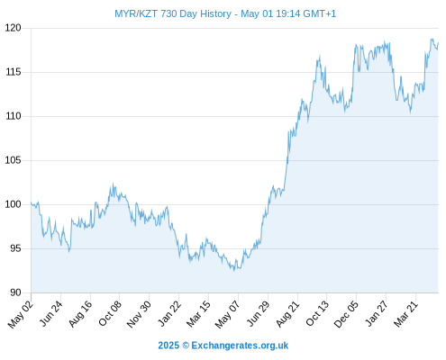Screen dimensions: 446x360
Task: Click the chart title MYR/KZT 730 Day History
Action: click(x=173, y=13)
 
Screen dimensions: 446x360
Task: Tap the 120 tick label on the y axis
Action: click(x=14, y=28)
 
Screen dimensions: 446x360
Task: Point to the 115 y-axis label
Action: click(x=14, y=72)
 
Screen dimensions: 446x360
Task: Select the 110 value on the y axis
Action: click(x=14, y=116)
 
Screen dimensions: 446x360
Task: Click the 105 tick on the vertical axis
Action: click(x=14, y=160)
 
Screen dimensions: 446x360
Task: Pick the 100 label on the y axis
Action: click(x=14, y=204)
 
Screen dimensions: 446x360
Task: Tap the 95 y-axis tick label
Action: click(x=15, y=248)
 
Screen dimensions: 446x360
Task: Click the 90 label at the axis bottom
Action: click(x=15, y=292)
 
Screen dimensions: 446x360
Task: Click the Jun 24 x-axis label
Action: click(x=51, y=313)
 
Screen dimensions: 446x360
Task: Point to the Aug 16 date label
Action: click(x=80, y=314)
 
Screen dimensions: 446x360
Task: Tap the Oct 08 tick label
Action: click(x=110, y=313)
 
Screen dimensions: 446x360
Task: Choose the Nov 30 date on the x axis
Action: click(x=139, y=314)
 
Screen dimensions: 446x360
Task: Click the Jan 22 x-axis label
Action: click(x=169, y=313)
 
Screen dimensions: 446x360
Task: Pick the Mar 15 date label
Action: click(x=198, y=314)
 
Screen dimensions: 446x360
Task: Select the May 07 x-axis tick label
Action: click(x=227, y=314)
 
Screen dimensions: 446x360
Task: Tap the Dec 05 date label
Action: click(x=346, y=314)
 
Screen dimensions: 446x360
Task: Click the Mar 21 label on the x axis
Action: click(x=405, y=314)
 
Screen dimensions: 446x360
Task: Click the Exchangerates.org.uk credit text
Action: click(x=240, y=346)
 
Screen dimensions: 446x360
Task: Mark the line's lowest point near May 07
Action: click(x=234, y=271)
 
